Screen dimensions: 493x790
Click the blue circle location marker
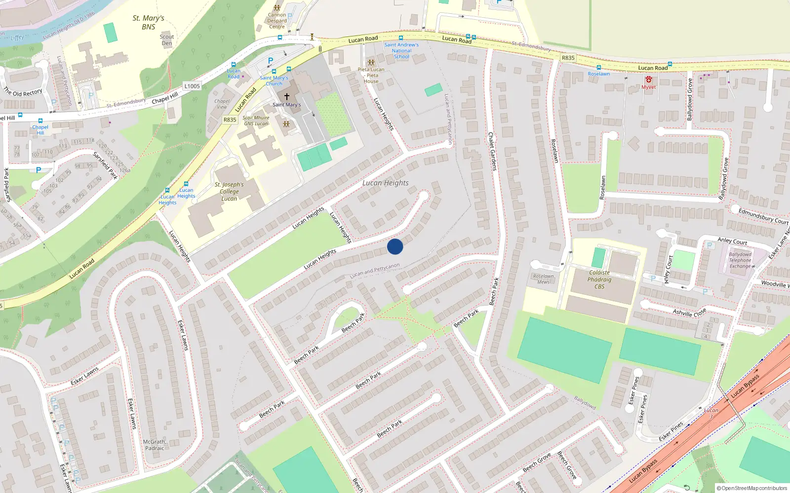395,246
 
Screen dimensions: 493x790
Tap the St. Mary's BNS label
148,23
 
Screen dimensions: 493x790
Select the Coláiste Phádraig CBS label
599,280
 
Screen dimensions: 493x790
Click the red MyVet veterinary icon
648,79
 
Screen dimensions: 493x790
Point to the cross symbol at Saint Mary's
286,97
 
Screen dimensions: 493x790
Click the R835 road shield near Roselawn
568,58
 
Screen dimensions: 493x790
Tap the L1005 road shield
192,86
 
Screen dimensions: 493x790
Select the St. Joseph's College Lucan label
229,192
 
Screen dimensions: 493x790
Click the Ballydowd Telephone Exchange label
740,260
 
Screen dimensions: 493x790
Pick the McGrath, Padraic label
155,445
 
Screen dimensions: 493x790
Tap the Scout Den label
167,40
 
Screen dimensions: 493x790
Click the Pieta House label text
371,75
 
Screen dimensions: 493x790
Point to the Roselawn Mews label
543,279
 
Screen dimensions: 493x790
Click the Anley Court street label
732,241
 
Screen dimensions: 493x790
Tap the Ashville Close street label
689,313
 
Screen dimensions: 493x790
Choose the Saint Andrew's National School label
401,51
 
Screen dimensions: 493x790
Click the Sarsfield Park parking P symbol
39,170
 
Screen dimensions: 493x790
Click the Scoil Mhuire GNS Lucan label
256,121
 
